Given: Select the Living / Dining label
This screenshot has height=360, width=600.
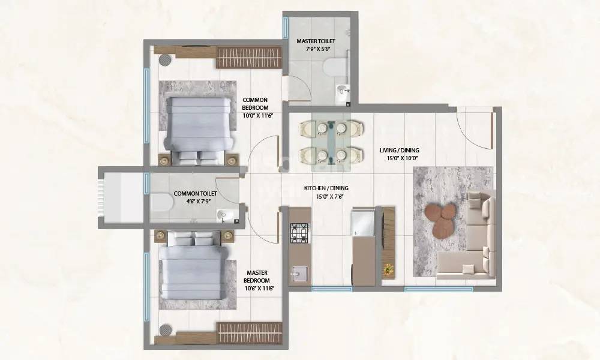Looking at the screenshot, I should (398, 154).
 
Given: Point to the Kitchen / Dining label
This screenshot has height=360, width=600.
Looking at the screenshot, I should (326, 191).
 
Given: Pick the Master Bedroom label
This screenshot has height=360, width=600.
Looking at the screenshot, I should (257, 280).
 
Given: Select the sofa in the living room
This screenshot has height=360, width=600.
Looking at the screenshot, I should (474, 240).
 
